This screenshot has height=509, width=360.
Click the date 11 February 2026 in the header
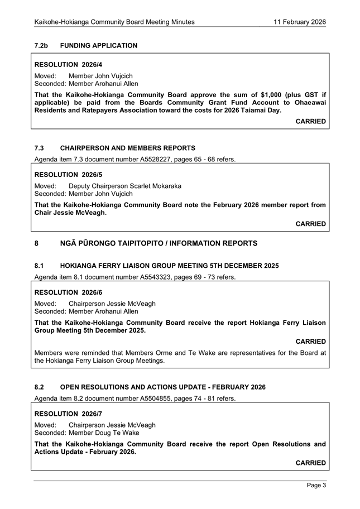click(300, 22)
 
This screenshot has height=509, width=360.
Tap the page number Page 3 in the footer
click(316, 486)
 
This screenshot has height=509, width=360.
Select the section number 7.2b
click(42, 45)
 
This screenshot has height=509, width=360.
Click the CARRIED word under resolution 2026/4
click(311, 121)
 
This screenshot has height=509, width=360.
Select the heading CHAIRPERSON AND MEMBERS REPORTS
click(127, 148)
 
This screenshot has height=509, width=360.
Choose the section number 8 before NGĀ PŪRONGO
click(36, 243)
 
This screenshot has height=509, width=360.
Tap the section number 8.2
click(40, 387)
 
